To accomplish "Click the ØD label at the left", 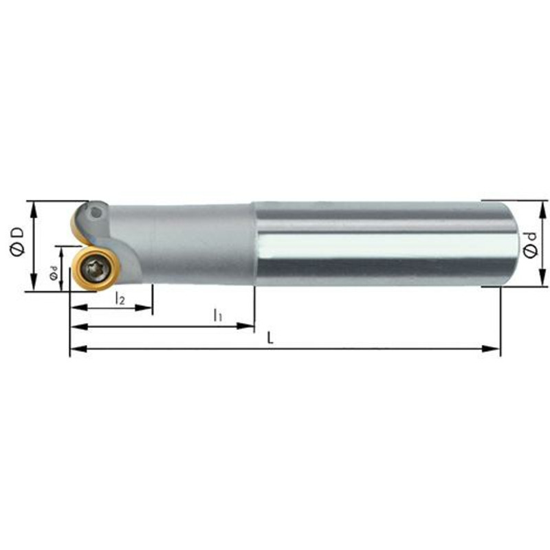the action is tap(16, 241).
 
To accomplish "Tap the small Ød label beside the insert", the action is tap(53, 272).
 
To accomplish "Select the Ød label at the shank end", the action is tap(530, 245).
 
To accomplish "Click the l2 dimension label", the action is tap(120, 299).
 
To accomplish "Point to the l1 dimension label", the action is tap(218, 315).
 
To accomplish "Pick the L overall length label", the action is tap(270, 338).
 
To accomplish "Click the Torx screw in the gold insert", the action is tap(96, 269).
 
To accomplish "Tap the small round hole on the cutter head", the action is tap(95, 212).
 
